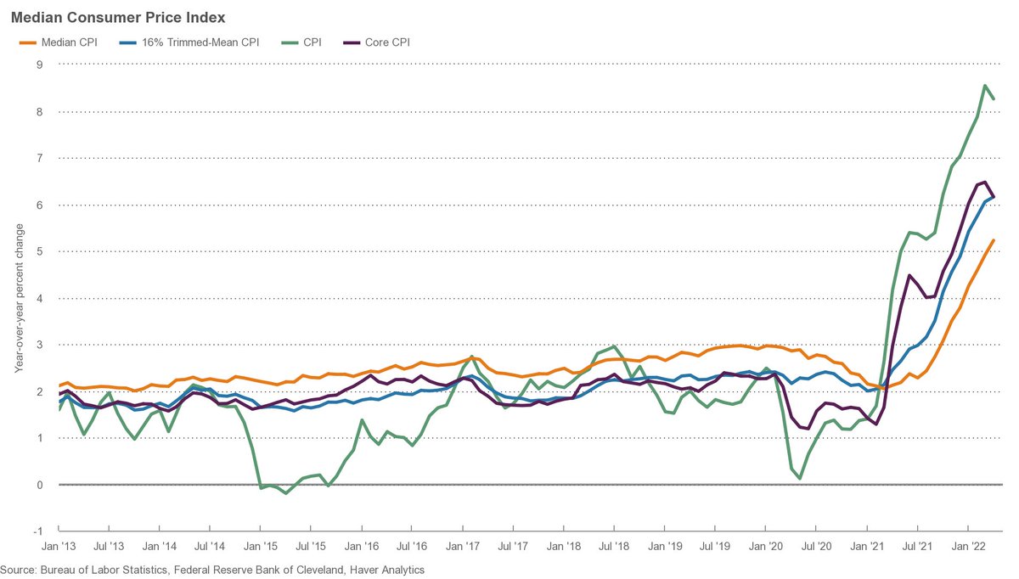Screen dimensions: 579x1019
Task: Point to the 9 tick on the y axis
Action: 38,65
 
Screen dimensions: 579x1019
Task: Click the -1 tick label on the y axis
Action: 37,531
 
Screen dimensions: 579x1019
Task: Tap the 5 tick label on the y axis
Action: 38,252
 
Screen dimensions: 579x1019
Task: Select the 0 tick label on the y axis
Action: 38,485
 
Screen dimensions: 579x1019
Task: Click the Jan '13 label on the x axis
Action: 59,549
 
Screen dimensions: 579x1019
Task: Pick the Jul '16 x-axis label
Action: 412,549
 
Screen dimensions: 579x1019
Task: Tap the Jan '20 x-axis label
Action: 765,549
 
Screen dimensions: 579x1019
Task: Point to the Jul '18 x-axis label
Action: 614,549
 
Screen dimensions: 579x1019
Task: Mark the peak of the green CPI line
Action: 984,85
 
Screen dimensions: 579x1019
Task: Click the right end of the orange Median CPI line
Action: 994,240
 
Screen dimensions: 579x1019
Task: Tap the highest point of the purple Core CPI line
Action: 984,182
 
